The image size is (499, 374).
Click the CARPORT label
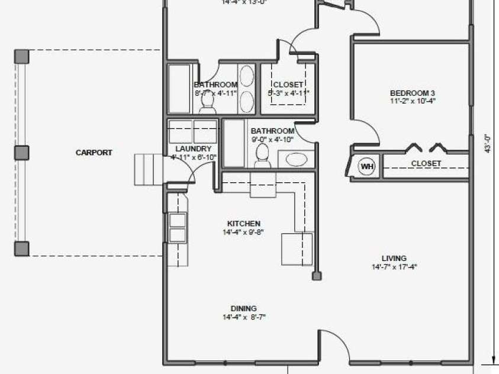(x=94, y=153)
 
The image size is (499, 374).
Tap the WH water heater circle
(x=368, y=167)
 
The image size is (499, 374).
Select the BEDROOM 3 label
(x=413, y=93)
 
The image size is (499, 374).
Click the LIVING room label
(x=394, y=258)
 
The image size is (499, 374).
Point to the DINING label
(x=243, y=308)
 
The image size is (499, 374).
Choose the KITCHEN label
(x=243, y=224)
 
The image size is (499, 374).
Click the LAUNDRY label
(x=194, y=149)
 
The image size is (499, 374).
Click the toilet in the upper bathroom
(x=207, y=104)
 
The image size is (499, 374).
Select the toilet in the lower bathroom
(x=262, y=156)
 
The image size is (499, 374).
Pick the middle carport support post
(x=22, y=153)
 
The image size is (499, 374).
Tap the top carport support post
(x=22, y=57)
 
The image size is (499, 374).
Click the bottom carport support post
(x=22, y=249)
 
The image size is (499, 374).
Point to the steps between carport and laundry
(x=148, y=169)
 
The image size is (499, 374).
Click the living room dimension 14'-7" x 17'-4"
(x=394, y=267)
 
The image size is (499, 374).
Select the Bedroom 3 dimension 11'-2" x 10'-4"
(x=413, y=101)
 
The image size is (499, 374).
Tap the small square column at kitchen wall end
(x=317, y=276)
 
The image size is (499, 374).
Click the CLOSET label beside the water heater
(x=426, y=163)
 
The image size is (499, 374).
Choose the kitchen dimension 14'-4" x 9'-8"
(x=243, y=232)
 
